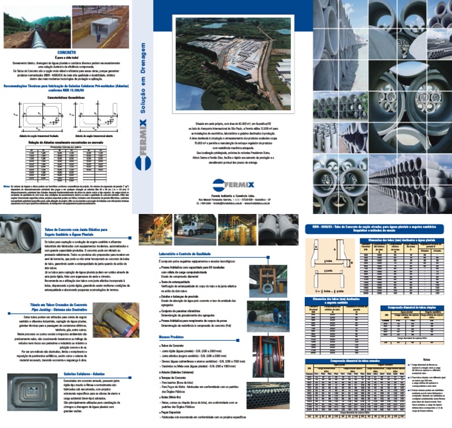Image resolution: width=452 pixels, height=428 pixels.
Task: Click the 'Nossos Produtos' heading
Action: (170, 337)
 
